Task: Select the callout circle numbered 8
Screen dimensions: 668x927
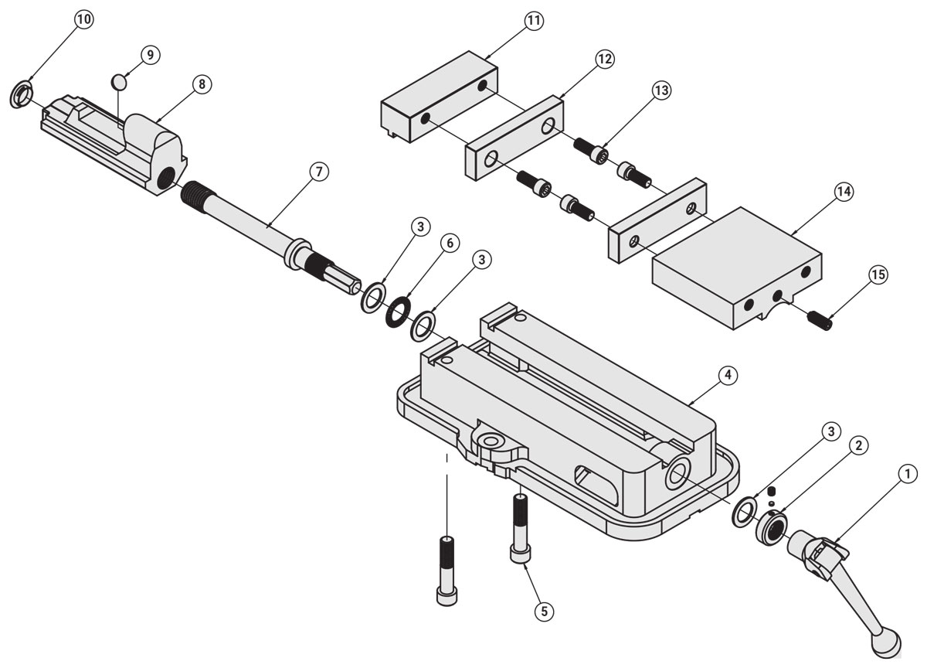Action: pos(201,84)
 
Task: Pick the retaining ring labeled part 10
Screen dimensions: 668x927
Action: pos(22,95)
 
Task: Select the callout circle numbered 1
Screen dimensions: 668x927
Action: pos(908,472)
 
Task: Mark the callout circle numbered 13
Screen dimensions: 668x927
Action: pos(660,90)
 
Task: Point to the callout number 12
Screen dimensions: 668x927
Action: pos(604,59)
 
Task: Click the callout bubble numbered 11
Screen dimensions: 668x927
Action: pos(533,21)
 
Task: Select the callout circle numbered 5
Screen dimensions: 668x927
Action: pos(544,610)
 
